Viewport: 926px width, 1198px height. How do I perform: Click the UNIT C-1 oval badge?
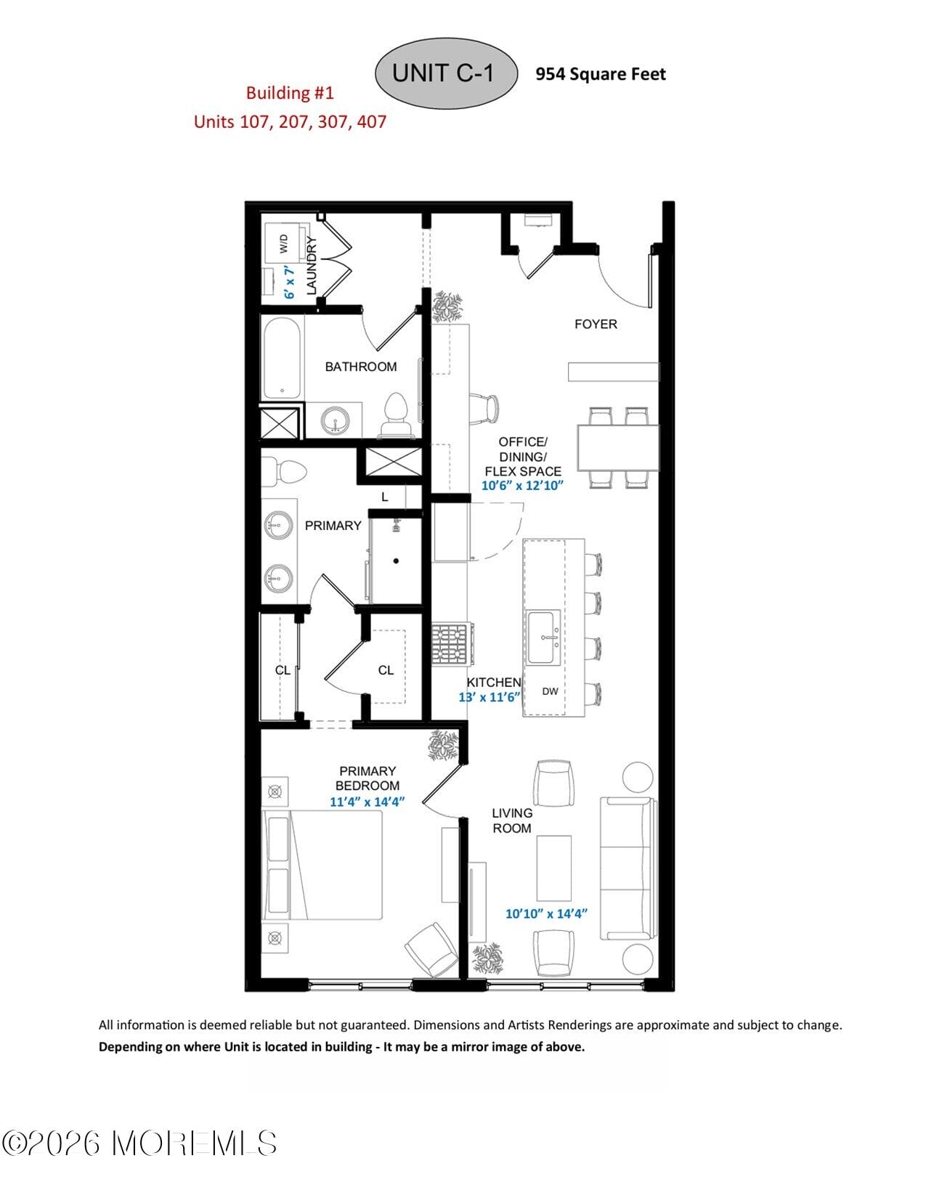click(x=444, y=73)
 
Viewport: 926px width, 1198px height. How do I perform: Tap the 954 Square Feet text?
click(x=600, y=74)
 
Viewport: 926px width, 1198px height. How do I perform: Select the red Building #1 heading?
click(x=290, y=93)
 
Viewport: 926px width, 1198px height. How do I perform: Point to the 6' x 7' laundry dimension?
click(x=290, y=282)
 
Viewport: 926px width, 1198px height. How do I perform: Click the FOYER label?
click(x=596, y=325)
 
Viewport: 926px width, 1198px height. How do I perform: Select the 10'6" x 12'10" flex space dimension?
click(x=522, y=486)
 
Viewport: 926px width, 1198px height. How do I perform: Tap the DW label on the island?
click(x=551, y=691)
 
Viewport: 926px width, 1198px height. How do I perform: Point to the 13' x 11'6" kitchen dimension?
click(x=490, y=697)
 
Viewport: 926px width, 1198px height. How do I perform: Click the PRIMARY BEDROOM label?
click(x=367, y=778)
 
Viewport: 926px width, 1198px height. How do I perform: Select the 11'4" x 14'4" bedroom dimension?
click(x=367, y=802)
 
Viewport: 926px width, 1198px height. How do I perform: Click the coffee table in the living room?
click(x=553, y=868)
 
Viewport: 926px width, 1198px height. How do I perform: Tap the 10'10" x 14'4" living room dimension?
click(x=546, y=913)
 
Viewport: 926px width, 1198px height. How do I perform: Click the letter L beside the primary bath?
click(x=385, y=497)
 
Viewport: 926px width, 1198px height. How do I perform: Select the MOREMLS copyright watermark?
click(x=139, y=1144)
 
